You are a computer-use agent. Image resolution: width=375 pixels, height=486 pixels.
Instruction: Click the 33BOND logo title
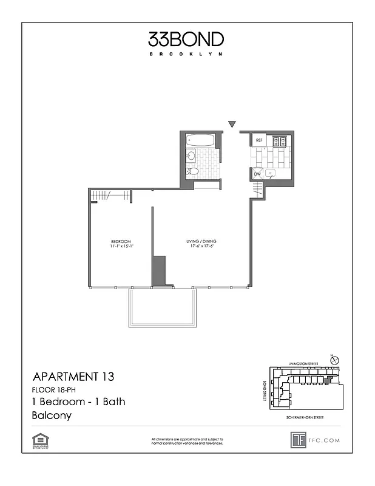pos(186,39)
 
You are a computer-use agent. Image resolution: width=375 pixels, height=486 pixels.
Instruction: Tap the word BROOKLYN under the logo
pos(186,54)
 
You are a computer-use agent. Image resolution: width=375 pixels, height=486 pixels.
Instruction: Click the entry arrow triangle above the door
pos(231,125)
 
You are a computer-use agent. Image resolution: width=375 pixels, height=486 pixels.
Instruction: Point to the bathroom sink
pos(191,156)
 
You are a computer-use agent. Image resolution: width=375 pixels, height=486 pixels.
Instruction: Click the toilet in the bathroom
pos(192,171)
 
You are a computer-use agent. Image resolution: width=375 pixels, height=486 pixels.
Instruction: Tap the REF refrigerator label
pos(259,140)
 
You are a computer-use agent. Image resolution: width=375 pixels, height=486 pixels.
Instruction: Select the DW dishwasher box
pos(258,174)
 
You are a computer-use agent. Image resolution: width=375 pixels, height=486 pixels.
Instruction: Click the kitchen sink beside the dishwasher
pos(271,173)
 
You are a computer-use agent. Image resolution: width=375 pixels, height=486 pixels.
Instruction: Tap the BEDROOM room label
pos(121,241)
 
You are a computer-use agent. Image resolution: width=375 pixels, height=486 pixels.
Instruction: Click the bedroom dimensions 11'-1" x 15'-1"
pos(121,247)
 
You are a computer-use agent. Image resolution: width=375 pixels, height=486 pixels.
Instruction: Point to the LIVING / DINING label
pos(201,241)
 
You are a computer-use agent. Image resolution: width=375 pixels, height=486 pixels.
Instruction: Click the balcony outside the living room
pos(163,307)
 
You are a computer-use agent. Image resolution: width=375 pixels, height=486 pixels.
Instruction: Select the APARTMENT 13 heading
pos(72,377)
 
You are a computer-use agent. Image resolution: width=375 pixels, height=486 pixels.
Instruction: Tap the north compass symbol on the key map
pos(334,360)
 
